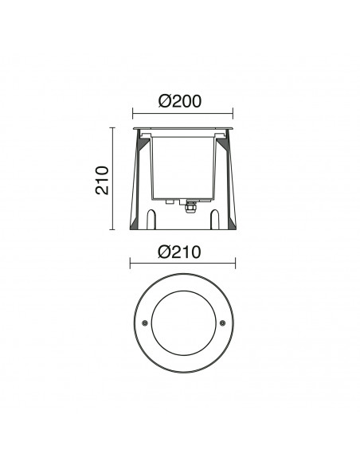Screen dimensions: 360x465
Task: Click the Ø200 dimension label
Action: coord(180,101)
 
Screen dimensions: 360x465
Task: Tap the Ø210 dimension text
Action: coord(179,252)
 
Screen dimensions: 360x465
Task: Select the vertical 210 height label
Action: coord(102,180)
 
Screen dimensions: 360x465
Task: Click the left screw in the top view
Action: coord(144,323)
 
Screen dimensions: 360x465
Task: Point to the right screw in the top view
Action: coord(222,323)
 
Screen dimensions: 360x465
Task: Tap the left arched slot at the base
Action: coord(151,220)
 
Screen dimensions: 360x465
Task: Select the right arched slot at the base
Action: coord(214,220)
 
